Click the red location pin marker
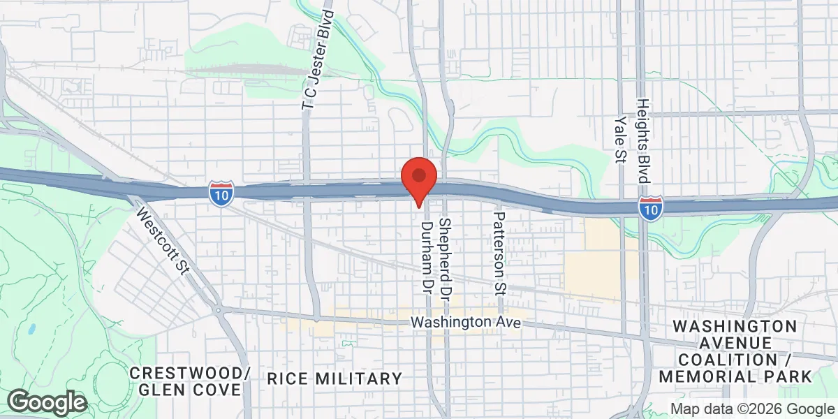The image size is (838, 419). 418,178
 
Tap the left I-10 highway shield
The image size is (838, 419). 220,193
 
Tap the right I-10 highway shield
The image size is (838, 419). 650,207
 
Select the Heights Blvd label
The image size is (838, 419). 642,140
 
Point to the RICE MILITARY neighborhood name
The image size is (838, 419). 335,379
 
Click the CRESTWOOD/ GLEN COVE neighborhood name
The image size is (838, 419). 190,381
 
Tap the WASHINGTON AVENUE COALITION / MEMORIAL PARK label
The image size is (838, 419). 736,351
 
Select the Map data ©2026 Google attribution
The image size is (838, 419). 752,409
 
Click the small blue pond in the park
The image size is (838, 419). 32,328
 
